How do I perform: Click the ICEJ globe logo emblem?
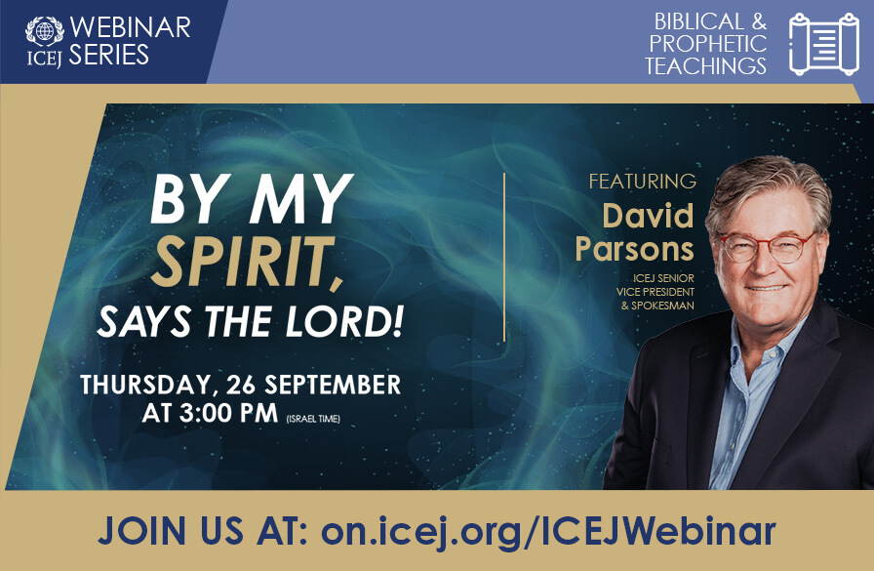pyautogui.click(x=44, y=30)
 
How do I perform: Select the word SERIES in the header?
pyautogui.click(x=108, y=55)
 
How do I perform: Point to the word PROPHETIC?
pyautogui.click(x=708, y=44)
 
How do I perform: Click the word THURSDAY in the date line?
pyautogui.click(x=147, y=384)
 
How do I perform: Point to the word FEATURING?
pyautogui.click(x=642, y=182)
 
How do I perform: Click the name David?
pyautogui.click(x=648, y=215)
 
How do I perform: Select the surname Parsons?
pyautogui.click(x=634, y=249)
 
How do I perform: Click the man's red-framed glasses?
pyautogui.click(x=767, y=246)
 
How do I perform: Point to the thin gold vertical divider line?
pyautogui.click(x=504, y=258)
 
